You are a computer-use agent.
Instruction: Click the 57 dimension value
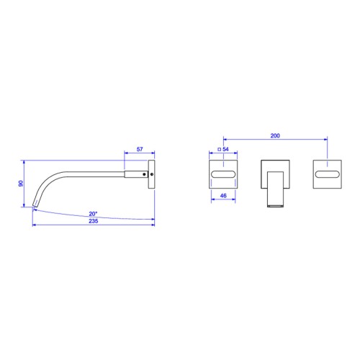point(140,149)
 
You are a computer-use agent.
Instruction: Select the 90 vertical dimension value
point(21,184)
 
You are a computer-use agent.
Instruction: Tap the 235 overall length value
point(94,221)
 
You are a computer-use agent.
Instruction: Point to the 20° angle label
point(93,214)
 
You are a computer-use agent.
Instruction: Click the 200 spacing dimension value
point(275,135)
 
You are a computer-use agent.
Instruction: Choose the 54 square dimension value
point(225,149)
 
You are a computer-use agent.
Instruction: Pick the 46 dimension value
point(223,196)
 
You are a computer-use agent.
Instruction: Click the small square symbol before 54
point(219,149)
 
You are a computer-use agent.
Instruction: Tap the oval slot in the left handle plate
point(223,174)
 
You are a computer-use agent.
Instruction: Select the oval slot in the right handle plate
point(328,174)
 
